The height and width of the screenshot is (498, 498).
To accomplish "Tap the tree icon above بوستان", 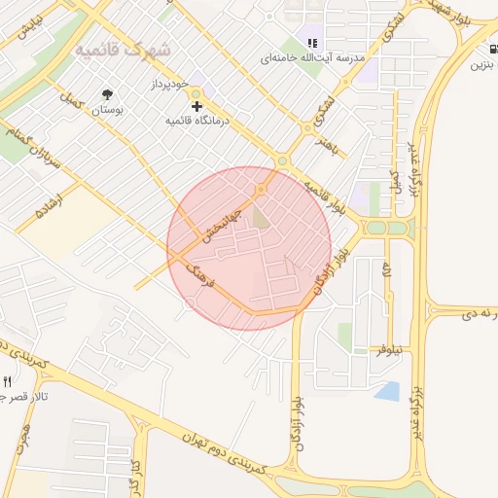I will [x=107, y=94].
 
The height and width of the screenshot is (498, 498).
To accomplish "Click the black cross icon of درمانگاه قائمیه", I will [x=197, y=104].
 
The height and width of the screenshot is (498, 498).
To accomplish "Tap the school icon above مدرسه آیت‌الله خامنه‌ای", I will [x=312, y=43].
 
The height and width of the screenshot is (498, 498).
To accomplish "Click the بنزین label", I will [x=483, y=65].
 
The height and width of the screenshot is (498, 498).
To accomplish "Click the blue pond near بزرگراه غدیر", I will [x=387, y=391].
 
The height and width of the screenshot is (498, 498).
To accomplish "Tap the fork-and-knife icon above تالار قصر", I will [x=8, y=380].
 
